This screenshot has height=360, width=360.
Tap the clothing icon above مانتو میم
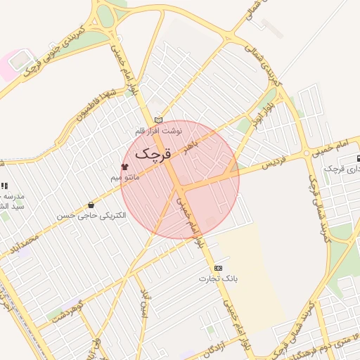[x=124, y=167]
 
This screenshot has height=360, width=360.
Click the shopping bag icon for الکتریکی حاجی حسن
[x=91, y=205]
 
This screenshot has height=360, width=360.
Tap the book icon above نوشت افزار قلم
[x=158, y=120]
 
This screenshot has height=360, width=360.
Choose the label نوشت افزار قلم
[x=159, y=131]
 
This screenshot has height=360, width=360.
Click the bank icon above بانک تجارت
[x=218, y=268]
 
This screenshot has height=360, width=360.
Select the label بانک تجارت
[x=218, y=278]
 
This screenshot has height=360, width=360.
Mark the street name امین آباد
[x=144, y=303]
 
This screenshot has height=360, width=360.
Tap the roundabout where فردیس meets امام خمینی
[x=307, y=153]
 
